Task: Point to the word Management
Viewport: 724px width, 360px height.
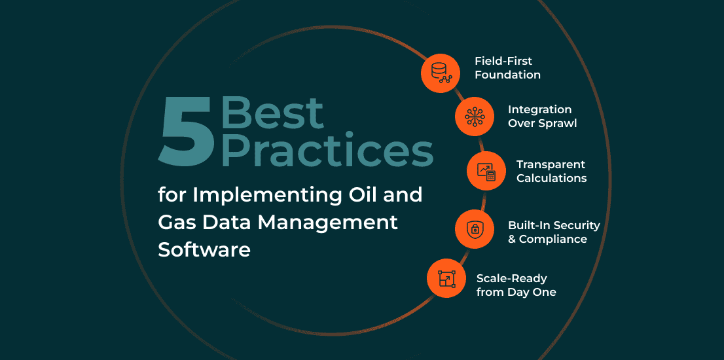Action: [328, 223]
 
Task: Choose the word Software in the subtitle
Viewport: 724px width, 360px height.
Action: [204, 250]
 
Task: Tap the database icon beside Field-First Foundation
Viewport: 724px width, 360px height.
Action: [441, 73]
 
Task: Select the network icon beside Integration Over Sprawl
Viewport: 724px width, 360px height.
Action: [474, 117]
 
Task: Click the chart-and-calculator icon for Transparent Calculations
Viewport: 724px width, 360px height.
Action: [486, 171]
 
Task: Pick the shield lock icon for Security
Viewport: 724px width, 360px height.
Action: [474, 229]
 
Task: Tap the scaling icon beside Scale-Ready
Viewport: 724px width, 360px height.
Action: [446, 278]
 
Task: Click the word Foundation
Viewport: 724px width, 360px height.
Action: [507, 75]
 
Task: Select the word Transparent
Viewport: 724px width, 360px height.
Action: [551, 165]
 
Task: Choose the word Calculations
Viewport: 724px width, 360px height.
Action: [552, 178]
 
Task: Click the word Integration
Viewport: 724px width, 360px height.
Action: [540, 111]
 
